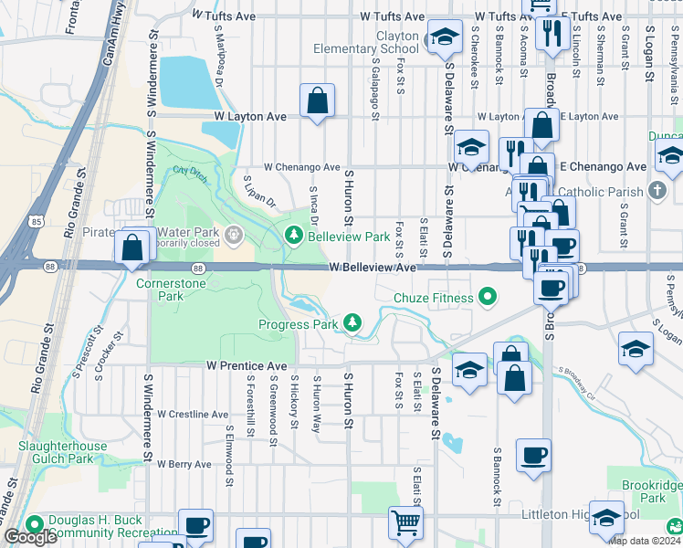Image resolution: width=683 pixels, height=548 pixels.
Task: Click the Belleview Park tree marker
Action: (x=294, y=237)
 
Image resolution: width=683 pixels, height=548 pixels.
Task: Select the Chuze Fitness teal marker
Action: (x=488, y=297)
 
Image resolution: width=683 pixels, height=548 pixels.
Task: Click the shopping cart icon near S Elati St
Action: (x=406, y=523)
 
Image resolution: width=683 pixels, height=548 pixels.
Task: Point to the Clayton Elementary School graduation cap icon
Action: (x=445, y=37)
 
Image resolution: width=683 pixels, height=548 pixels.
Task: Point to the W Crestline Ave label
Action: (x=193, y=414)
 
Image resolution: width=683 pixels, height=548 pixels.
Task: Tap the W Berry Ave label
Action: (x=184, y=464)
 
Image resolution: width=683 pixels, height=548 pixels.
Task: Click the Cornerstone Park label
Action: (x=159, y=290)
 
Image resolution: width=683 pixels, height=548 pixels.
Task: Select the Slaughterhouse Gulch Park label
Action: (x=63, y=452)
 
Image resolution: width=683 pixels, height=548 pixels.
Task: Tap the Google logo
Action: (x=30, y=537)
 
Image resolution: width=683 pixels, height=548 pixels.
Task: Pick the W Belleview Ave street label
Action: (x=373, y=269)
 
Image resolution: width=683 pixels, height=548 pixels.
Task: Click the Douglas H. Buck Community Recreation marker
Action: (x=35, y=525)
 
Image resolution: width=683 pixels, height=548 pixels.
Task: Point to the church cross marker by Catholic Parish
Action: (x=657, y=192)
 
